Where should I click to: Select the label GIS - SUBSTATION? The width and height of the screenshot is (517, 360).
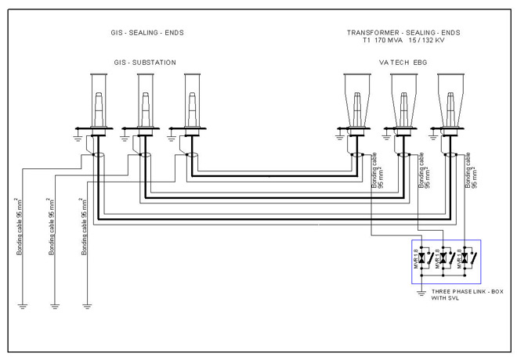pos(145,61)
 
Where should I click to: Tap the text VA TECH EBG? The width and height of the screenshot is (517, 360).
pos(403,61)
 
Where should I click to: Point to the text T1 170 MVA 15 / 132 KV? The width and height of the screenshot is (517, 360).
pos(403,40)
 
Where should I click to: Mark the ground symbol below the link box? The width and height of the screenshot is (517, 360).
pos(421,293)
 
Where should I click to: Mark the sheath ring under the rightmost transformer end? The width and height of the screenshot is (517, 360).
pos(450,156)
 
